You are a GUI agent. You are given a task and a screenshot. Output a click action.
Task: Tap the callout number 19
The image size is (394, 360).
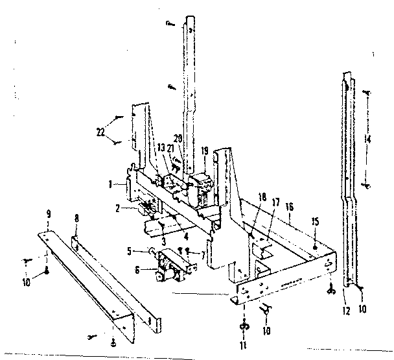[x=205, y=150]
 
